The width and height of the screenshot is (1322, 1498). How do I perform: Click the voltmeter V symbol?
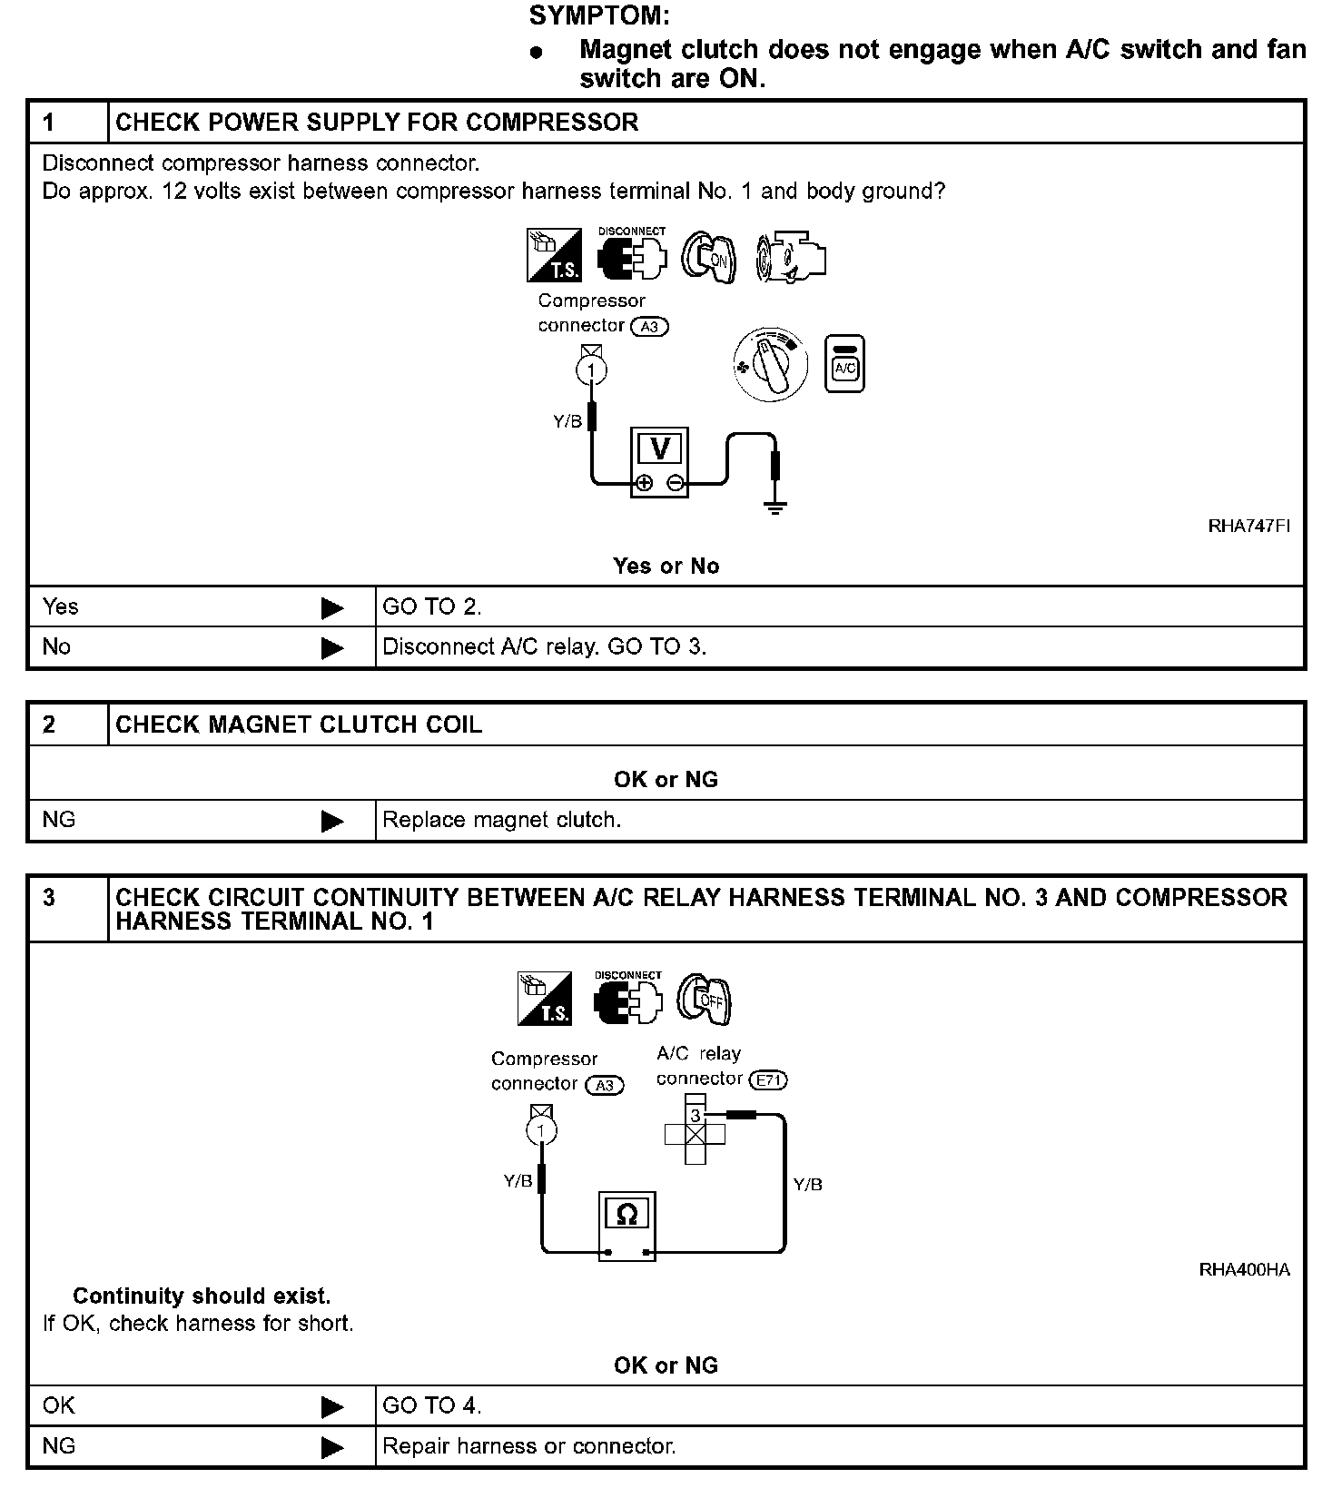pyautogui.click(x=660, y=448)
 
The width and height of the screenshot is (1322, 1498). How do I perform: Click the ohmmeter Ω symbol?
pyautogui.click(x=626, y=1215)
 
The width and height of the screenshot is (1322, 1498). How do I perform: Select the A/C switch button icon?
pyautogui.click(x=844, y=364)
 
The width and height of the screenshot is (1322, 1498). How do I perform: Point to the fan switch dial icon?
pyautogui.click(x=771, y=365)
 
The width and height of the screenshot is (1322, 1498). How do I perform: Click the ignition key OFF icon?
pyautogui.click(x=705, y=1000)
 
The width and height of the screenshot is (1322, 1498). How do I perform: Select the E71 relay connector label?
pyautogui.click(x=767, y=1080)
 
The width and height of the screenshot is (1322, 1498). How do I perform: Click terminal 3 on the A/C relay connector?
pyautogui.click(x=696, y=1115)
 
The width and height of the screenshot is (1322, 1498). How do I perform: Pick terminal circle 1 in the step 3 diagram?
pyautogui.click(x=542, y=1131)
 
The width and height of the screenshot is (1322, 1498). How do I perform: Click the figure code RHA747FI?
pyautogui.click(x=1248, y=527)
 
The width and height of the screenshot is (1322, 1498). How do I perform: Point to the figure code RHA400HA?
pyautogui.click(x=1244, y=1270)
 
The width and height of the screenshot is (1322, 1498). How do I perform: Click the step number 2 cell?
pyautogui.click(x=50, y=724)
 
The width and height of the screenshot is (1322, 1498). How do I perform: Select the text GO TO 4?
pyautogui.click(x=431, y=1405)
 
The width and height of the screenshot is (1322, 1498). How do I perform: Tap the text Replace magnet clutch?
pyautogui.click(x=501, y=820)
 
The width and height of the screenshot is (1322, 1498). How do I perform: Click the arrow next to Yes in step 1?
pyautogui.click(x=332, y=607)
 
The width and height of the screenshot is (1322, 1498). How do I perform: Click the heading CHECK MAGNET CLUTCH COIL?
pyautogui.click(x=299, y=724)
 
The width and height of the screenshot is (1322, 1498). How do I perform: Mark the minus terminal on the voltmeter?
pyautogui.click(x=675, y=483)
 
